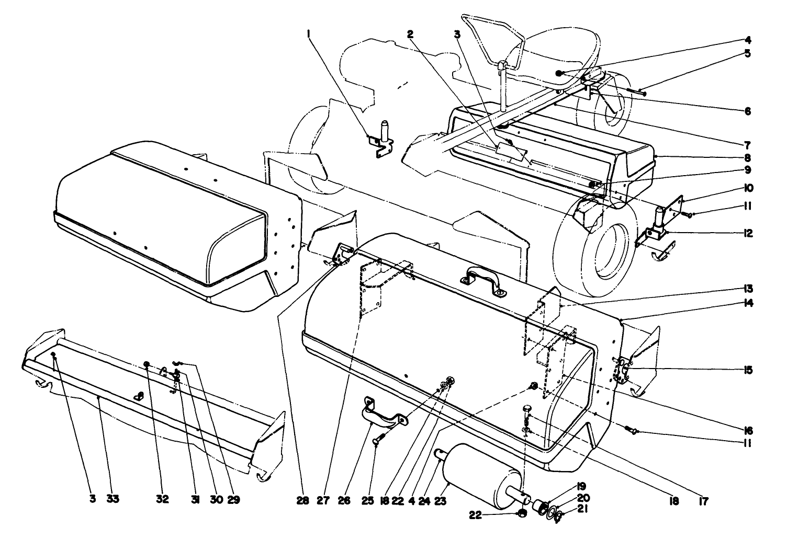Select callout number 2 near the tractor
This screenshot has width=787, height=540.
pyautogui.click(x=411, y=34)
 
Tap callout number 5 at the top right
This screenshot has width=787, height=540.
pyautogui.click(x=748, y=53)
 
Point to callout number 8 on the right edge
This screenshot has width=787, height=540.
pyautogui.click(x=748, y=157)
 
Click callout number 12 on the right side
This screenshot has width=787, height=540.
pyautogui.click(x=748, y=234)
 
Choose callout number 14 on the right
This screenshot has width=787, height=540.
pyautogui.click(x=748, y=303)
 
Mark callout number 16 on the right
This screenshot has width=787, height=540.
pyautogui.click(x=748, y=431)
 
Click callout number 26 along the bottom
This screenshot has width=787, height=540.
pyautogui.click(x=343, y=499)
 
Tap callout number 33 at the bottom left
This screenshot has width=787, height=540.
pyautogui.click(x=113, y=499)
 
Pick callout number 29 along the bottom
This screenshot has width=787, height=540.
pyautogui.click(x=233, y=499)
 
